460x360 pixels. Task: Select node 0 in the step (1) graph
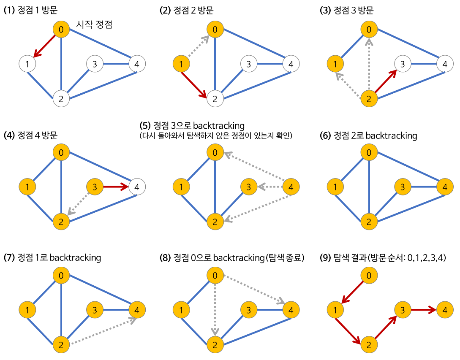tap(61, 30)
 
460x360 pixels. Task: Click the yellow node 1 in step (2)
tap(181, 64)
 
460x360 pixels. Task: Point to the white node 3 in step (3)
tap(403, 64)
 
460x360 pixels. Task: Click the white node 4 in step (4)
tap(137, 186)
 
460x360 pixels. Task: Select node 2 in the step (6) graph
tap(369, 221)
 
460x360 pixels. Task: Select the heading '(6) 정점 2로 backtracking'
tap(369, 135)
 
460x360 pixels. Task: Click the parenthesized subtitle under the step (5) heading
tap(216, 136)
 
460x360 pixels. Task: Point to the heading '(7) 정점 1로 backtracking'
tap(52, 257)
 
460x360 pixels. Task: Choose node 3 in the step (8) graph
tap(248, 310)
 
